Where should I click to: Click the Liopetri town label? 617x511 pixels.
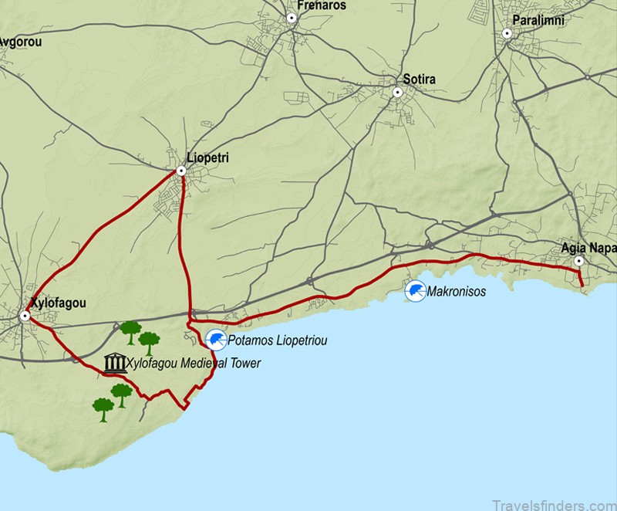tap(208, 157)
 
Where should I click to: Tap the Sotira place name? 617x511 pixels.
tap(419, 80)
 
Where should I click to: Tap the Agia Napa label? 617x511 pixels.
tap(588, 248)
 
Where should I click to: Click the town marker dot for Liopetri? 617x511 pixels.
tap(181, 171)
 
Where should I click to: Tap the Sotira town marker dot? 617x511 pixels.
tap(398, 93)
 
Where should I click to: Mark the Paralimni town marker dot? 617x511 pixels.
tap(507, 33)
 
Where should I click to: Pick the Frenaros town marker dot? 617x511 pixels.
tap(292, 18)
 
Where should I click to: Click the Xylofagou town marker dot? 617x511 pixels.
tap(25, 316)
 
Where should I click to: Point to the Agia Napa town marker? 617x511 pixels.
tap(579, 262)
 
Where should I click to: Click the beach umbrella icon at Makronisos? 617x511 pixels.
tap(416, 291)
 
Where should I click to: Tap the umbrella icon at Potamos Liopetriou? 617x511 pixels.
tap(216, 339)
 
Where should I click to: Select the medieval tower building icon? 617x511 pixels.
tap(115, 363)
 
